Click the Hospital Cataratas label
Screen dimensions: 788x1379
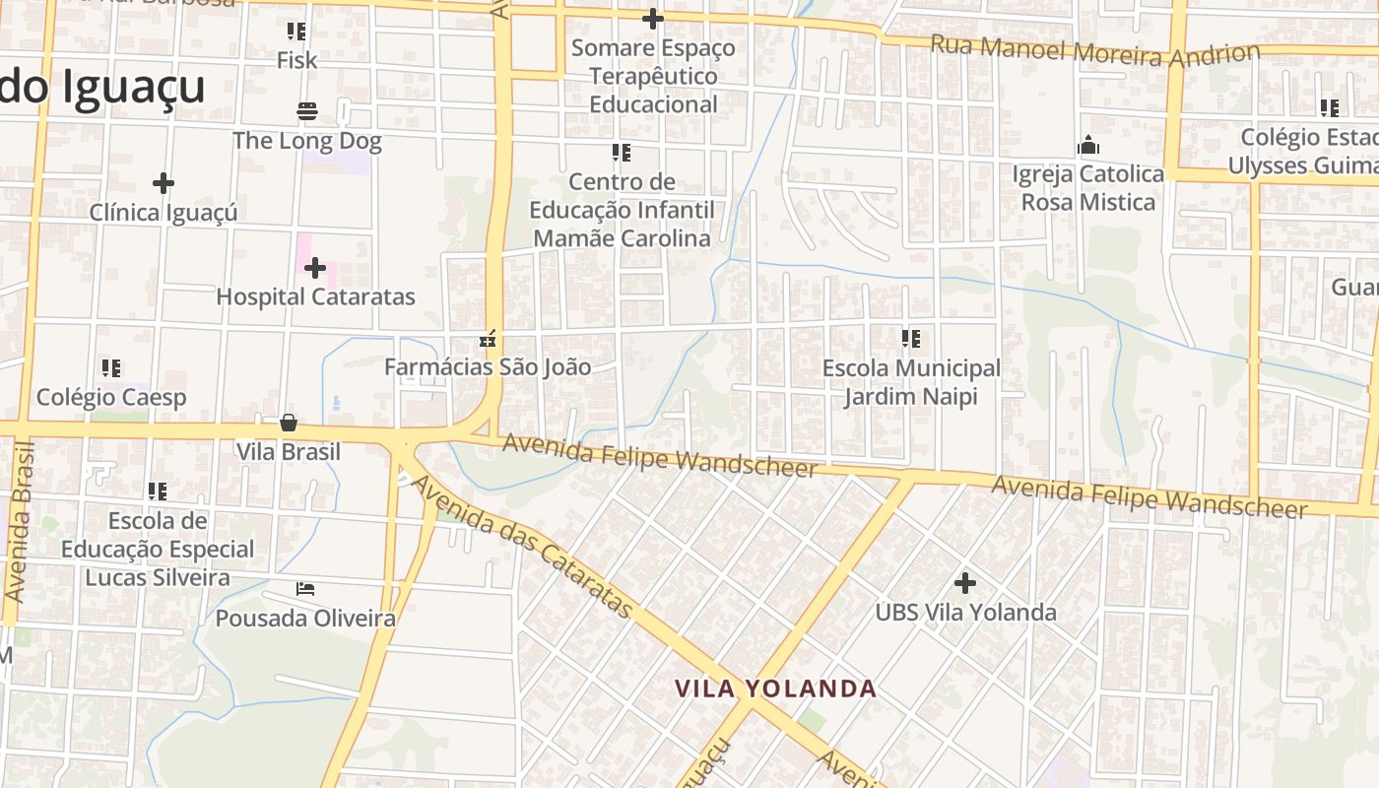point(315,296)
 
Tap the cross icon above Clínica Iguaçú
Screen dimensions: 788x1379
point(164,183)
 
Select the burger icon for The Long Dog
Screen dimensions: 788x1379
point(307,110)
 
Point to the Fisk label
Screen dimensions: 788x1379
point(296,60)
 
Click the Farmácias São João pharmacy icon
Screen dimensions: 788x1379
point(487,340)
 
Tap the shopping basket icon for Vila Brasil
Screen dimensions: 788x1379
point(289,424)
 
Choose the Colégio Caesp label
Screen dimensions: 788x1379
point(111,397)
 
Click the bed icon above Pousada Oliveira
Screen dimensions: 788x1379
point(305,589)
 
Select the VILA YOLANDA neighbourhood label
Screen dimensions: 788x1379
point(775,689)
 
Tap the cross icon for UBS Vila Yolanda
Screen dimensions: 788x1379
point(965,583)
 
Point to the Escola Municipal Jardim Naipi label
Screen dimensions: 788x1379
point(911,382)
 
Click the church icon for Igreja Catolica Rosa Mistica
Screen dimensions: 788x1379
point(1088,146)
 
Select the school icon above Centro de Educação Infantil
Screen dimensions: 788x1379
point(622,153)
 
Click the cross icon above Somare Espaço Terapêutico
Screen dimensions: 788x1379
point(652,19)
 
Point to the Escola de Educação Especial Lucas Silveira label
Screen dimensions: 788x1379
point(158,549)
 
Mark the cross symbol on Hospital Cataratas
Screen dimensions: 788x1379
point(315,267)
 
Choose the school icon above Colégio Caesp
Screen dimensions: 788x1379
point(111,368)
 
